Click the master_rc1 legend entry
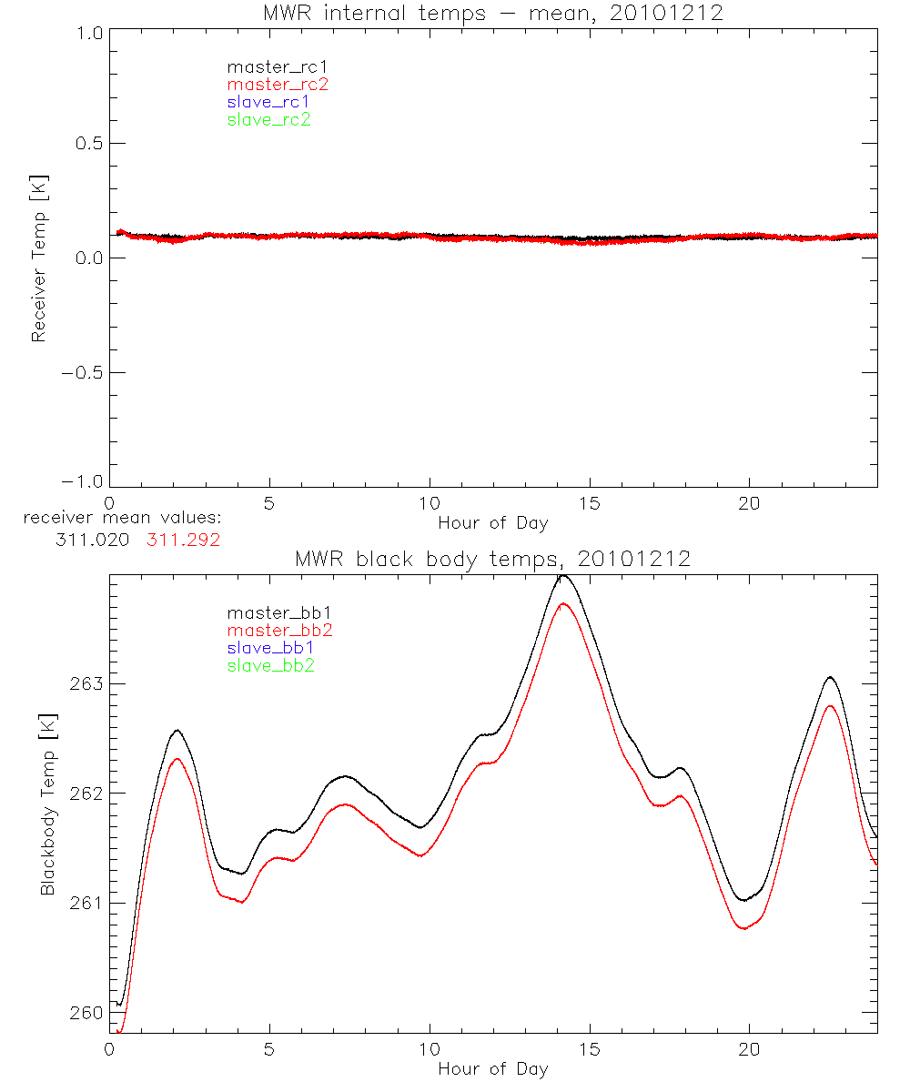(x=268, y=66)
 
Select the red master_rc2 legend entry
(x=278, y=85)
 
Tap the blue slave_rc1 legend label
(x=268, y=102)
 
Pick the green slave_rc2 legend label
(x=268, y=119)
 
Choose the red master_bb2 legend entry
(x=280, y=630)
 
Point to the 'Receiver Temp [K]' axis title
(x=38, y=258)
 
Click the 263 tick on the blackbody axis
(x=86, y=684)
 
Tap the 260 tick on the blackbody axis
(x=86, y=1013)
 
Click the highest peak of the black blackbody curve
(x=563, y=575)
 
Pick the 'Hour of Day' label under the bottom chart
(x=492, y=1069)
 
